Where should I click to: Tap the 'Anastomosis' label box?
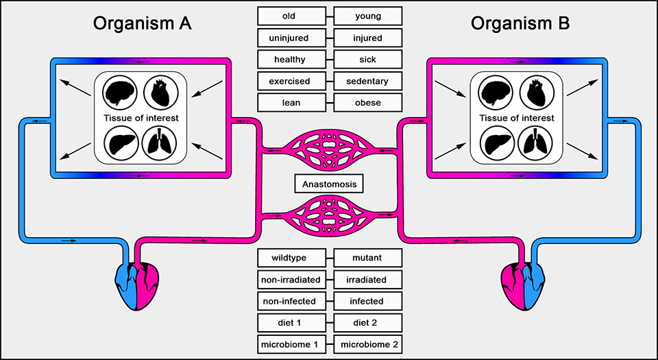(x=329, y=184)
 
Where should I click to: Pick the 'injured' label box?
(x=368, y=38)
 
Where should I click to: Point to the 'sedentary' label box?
(x=368, y=81)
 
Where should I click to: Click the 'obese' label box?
(x=368, y=102)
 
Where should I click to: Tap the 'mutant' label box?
(x=368, y=259)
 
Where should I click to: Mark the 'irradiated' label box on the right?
(x=368, y=280)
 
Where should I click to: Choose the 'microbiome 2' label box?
(x=368, y=344)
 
